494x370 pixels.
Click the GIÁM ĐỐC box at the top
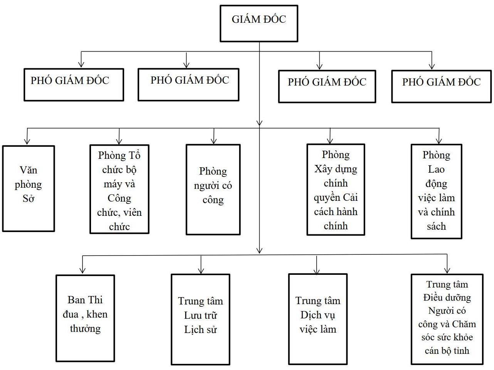point(259,23)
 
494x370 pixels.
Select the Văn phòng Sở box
point(28,188)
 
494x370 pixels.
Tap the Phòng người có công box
point(213,189)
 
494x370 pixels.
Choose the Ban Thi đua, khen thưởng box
point(85,318)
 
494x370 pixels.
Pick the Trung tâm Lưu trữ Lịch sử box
point(200,319)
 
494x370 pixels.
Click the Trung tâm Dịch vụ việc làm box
point(318,319)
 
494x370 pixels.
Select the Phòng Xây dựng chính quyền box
point(336,189)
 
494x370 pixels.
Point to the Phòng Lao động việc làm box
point(436,191)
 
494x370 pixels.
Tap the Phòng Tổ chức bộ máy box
point(119,189)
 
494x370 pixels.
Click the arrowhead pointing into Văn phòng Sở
point(27,141)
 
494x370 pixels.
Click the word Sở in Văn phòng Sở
point(29,199)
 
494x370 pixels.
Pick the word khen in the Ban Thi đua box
point(97,314)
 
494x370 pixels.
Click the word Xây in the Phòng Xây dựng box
point(323,169)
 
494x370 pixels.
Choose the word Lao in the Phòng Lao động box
point(436,169)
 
